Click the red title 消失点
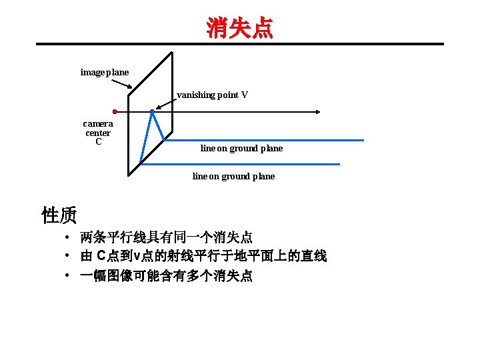pyautogui.click(x=239, y=28)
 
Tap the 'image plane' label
pyautogui.click(x=105, y=72)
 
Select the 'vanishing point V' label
pyautogui.click(x=212, y=95)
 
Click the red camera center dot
pyautogui.click(x=115, y=111)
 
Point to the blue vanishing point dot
pyautogui.click(x=152, y=111)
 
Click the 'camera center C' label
pyautogui.click(x=98, y=132)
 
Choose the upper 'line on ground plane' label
pyautogui.click(x=241, y=149)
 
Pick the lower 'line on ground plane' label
pyautogui.click(x=233, y=177)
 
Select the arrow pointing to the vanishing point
pyautogui.click(x=165, y=103)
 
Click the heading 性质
pyautogui.click(x=59, y=215)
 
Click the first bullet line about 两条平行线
pyautogui.click(x=166, y=237)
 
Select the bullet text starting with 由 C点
pyautogui.click(x=203, y=256)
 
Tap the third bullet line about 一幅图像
pyautogui.click(x=166, y=275)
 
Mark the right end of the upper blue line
pyautogui.click(x=363, y=140)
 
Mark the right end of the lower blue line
pyautogui.click(x=339, y=164)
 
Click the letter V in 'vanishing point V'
pyautogui.click(x=245, y=95)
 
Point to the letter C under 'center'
pyautogui.click(x=98, y=141)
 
